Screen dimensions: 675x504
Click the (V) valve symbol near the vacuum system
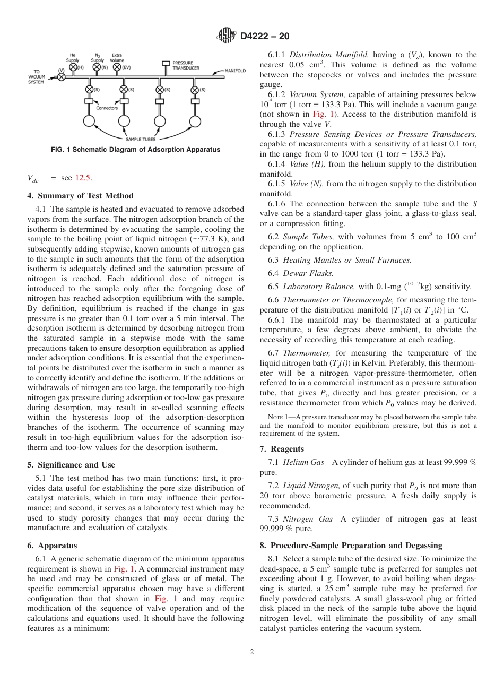[62, 76]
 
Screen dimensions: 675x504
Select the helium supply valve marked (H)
[74, 67]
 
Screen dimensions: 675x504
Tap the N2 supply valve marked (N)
[97, 67]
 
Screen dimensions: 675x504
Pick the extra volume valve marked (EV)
[118, 67]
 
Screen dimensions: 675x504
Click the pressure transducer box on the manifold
[166, 64]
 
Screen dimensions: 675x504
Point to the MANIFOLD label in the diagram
[235, 71]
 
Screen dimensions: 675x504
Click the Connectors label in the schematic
[107, 108]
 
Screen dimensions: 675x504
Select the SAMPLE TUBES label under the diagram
[141, 140]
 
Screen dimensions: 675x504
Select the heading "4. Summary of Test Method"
[80, 196]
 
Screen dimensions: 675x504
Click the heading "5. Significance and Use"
[71, 465]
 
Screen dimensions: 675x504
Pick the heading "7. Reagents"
[282, 449]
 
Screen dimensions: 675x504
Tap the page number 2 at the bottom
[252, 652]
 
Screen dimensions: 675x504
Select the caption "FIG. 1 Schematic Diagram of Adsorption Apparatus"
[135, 150]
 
